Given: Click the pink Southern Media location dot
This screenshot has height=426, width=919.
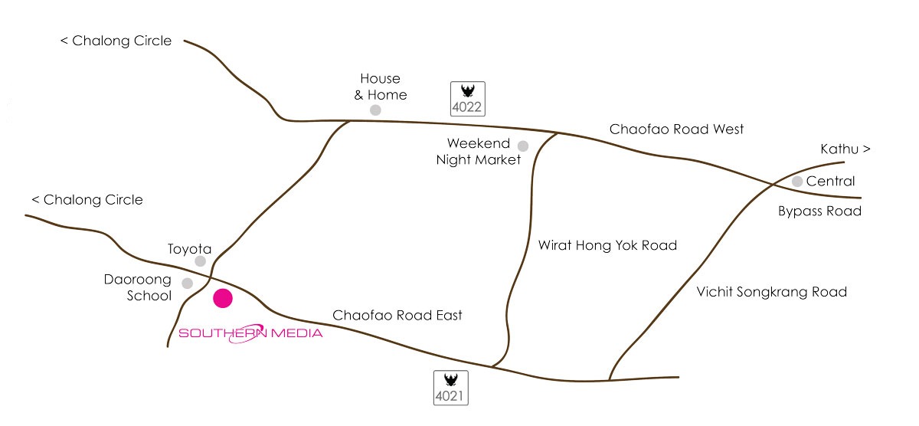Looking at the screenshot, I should point(223,299).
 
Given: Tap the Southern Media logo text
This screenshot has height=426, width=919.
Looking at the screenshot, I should point(250,333).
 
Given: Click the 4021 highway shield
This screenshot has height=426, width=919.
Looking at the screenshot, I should point(451,387).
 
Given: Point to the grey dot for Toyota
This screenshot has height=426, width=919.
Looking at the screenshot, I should point(201,261).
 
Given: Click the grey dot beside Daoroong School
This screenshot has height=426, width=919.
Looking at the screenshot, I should point(187,283).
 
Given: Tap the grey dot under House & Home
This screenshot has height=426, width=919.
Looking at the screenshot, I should point(375,110).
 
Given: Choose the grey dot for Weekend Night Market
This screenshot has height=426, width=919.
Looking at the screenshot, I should point(523,146).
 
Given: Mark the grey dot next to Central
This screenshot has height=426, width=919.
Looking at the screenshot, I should point(797,182).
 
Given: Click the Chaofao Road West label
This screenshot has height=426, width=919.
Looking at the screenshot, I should point(676,129).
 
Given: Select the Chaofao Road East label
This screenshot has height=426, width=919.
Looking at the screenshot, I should point(397,315).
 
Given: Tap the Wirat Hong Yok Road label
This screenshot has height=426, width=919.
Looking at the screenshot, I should point(607,246).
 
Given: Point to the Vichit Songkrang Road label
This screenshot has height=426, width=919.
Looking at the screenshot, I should point(771,292).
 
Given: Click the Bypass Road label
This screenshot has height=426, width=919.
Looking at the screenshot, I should point(819,211).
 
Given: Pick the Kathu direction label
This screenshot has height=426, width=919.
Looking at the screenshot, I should point(845,149).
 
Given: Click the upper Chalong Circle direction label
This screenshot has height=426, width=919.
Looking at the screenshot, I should point(116,41).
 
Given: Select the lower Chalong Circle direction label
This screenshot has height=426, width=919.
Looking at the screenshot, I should point(87,200).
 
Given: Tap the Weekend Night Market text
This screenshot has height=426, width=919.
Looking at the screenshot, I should point(478,152).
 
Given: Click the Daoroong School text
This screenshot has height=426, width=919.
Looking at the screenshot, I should point(138,288).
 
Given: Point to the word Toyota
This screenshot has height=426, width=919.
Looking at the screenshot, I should point(189,248).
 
